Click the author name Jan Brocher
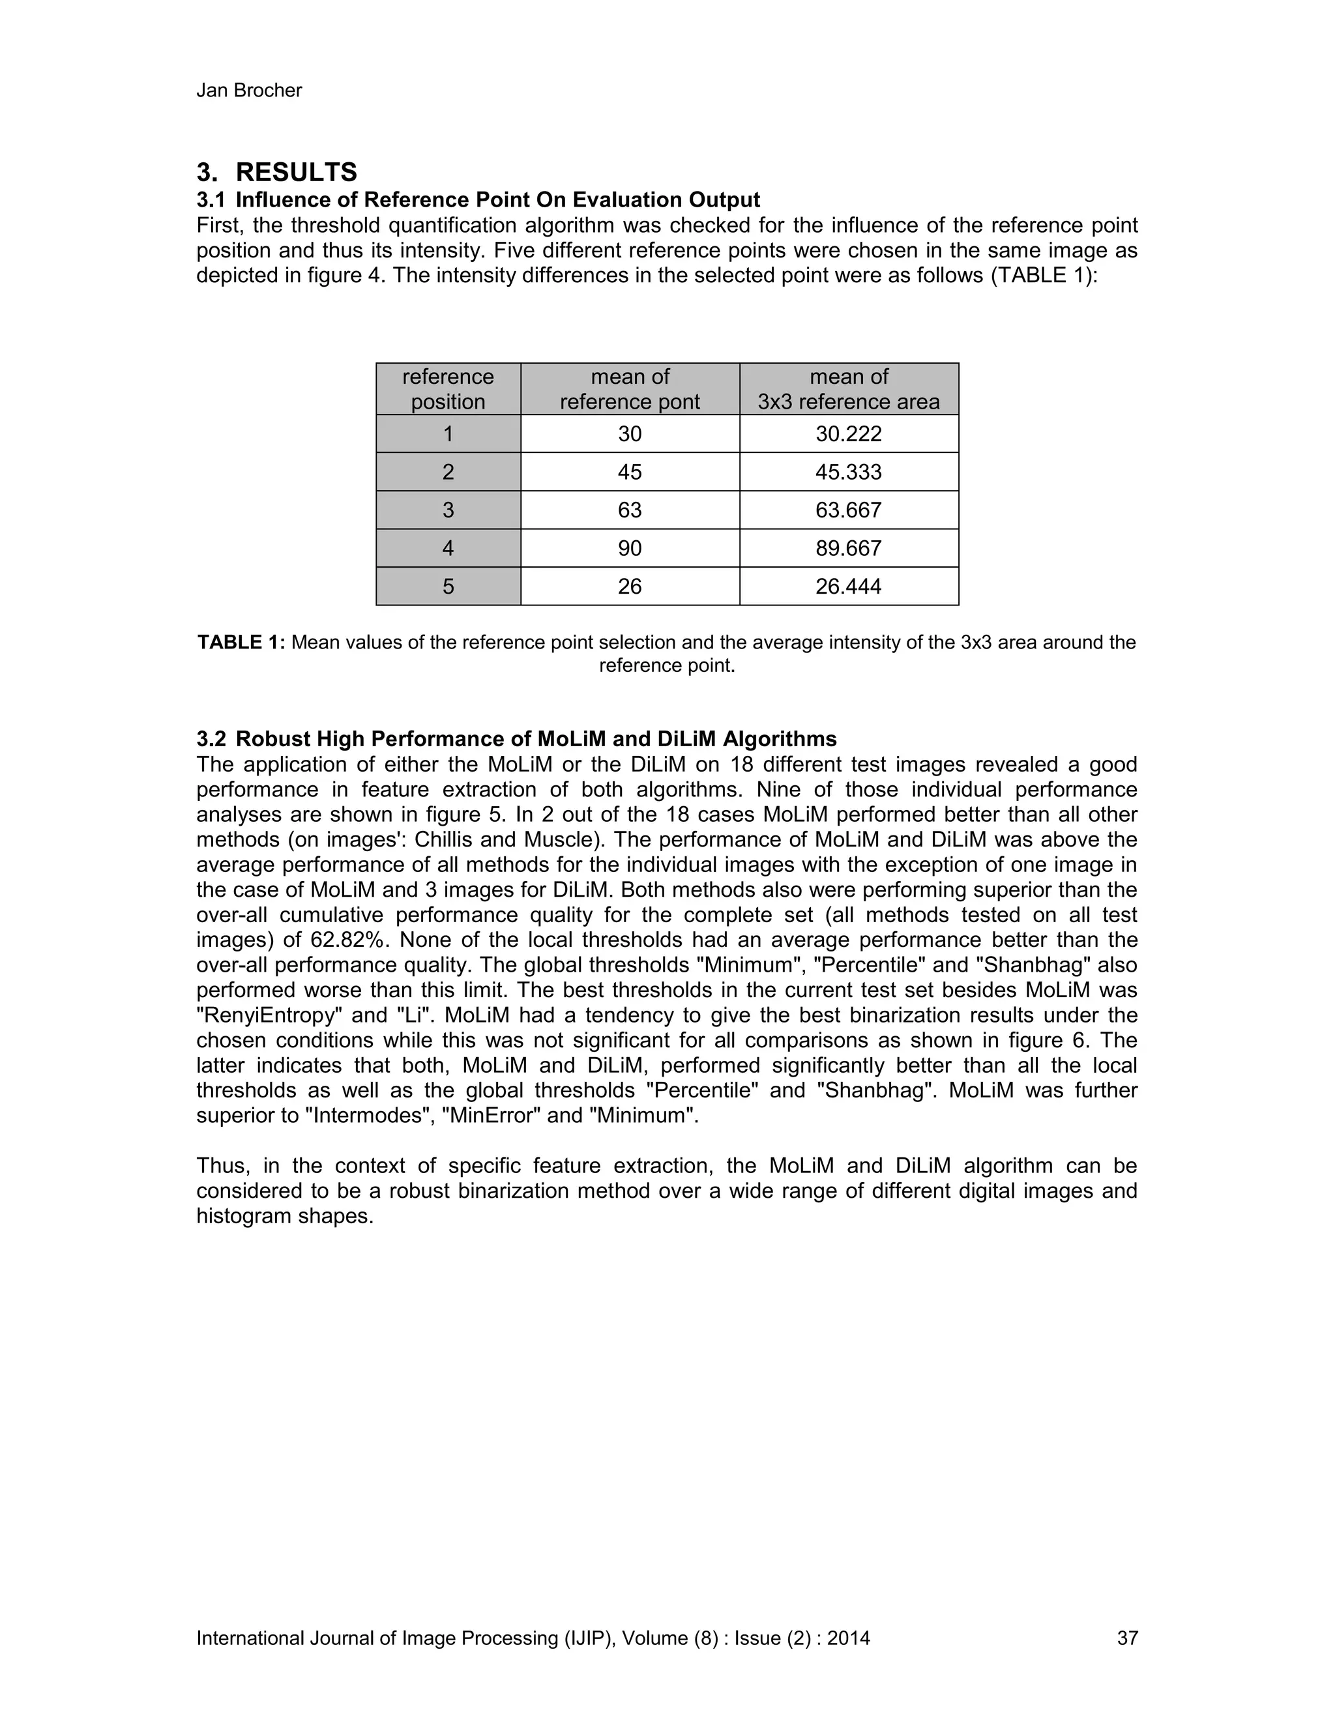tap(248, 91)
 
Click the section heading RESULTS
tap(296, 173)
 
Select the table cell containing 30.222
tap(848, 434)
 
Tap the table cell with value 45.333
tap(848, 472)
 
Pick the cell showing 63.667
tap(848, 510)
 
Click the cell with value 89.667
tap(848, 548)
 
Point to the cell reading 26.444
tap(848, 586)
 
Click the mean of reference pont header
tap(630, 389)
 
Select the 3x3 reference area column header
tap(848, 389)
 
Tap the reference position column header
tap(448, 389)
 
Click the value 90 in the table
tap(630, 548)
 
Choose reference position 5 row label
tap(448, 586)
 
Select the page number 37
tap(1127, 1638)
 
